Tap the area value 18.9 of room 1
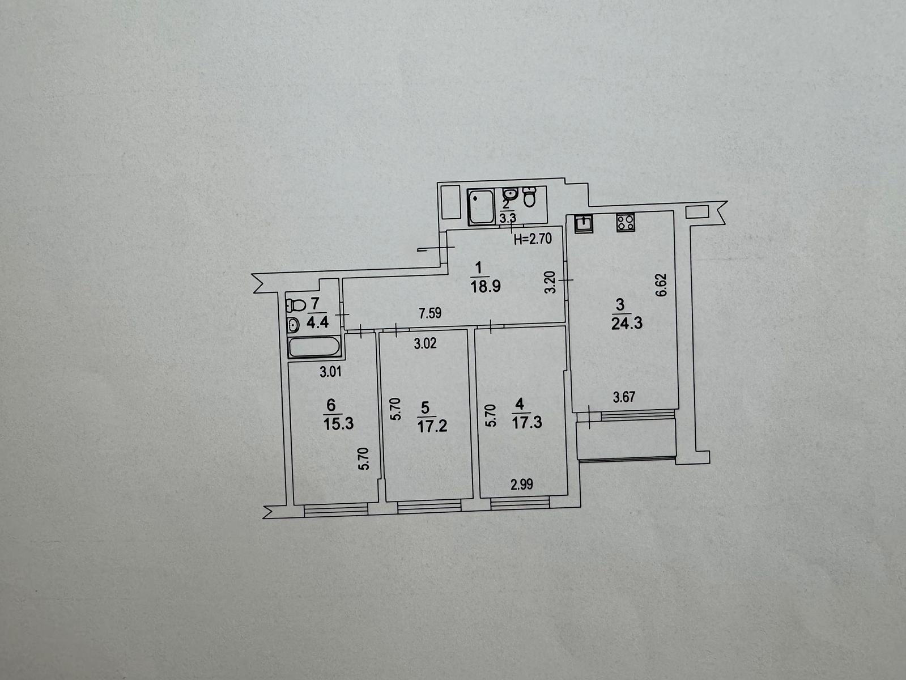pos(486,286)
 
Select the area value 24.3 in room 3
pos(627,324)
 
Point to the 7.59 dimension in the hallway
pos(430,313)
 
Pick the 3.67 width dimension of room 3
pos(624,397)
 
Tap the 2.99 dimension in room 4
pos(522,484)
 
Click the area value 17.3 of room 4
pos(527,423)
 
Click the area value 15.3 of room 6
pos(338,424)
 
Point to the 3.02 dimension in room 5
pos(425,343)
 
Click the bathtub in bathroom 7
pos(314,347)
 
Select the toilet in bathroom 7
pos(296,305)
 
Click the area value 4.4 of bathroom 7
pos(317,322)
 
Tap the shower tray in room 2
pos(481,207)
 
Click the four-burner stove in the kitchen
pos(626,222)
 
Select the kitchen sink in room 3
pos(584,223)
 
